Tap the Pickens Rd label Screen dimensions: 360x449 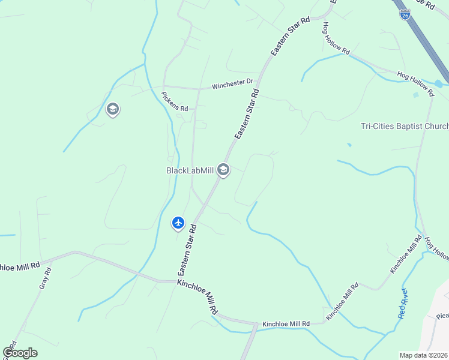(175, 101)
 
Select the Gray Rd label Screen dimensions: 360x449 (45, 278)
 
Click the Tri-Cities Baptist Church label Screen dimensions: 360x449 (404, 126)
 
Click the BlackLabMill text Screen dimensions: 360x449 (190, 170)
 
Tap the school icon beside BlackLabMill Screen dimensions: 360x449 (223, 170)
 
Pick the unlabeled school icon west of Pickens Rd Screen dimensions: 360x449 (112, 110)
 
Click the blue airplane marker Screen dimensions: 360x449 (178, 223)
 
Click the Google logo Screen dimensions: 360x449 (20, 352)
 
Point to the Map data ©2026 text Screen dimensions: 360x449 (424, 355)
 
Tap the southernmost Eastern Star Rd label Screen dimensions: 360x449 (185, 250)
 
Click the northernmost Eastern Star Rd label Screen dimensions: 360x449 (290, 37)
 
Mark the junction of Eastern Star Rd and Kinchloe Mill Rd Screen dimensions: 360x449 (177, 280)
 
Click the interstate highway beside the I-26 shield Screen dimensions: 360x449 (427, 43)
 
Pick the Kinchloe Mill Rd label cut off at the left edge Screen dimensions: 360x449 (20, 265)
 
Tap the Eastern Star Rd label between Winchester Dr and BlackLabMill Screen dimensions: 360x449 (247, 115)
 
